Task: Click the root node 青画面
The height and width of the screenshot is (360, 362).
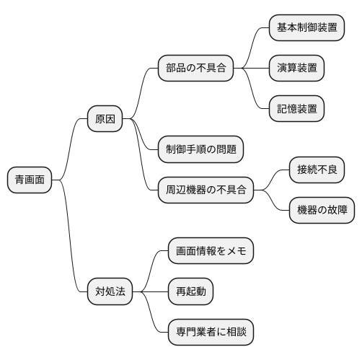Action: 30,180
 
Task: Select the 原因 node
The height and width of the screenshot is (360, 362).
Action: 105,118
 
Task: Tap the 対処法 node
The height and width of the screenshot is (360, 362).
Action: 110,291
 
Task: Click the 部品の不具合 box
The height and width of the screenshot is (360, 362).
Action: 196,69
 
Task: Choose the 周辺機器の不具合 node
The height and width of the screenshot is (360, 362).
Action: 206,190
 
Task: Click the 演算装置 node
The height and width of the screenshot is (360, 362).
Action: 296,69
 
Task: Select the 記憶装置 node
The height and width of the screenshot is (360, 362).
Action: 296,109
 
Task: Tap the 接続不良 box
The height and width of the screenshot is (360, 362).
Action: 317,170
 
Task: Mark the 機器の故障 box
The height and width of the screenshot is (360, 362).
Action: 322,211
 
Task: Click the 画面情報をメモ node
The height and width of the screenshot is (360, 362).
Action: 211,251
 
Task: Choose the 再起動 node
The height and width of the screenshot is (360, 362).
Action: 190,291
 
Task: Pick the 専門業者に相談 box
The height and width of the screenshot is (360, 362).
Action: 211,333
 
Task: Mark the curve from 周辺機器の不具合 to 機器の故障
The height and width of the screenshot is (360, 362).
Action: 275,202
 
